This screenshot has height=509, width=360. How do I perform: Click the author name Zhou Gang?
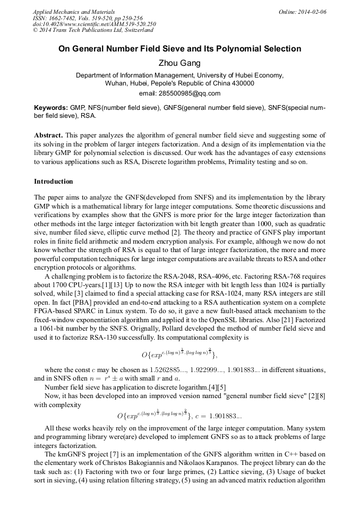[x=179, y=63]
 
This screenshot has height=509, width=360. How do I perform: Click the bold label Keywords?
[x=50, y=107]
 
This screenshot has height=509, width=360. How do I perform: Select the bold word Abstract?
[x=49, y=135]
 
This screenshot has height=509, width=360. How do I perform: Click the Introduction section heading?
[x=54, y=182]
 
